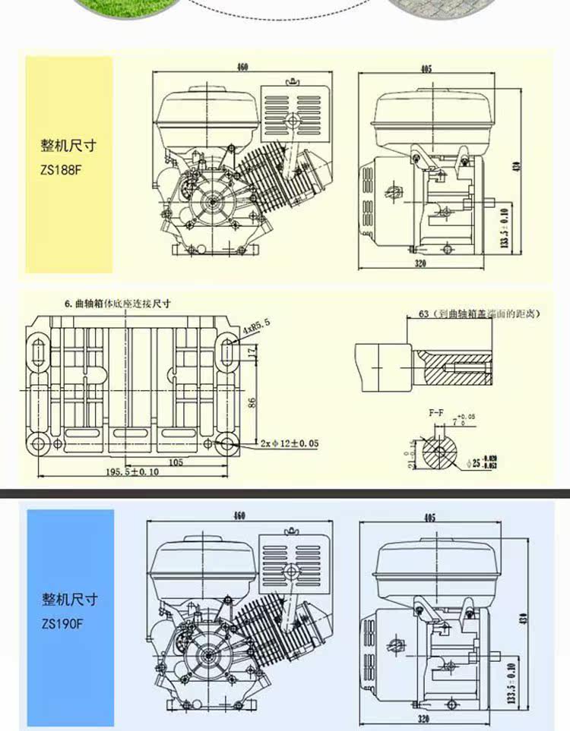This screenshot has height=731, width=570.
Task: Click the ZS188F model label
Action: click(61, 170)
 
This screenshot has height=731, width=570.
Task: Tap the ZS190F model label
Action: click(62, 626)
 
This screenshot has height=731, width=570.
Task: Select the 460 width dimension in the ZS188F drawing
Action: click(242, 67)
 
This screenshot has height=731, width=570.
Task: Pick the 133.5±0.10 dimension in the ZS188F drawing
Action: click(503, 226)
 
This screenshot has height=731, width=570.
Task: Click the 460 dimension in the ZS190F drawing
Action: click(239, 516)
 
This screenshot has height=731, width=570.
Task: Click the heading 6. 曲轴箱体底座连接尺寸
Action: click(117, 304)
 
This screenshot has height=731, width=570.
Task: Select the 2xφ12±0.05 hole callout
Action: click(289, 443)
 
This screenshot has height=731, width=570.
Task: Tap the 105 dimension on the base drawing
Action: click(176, 461)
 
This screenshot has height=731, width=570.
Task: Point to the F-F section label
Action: click(435, 412)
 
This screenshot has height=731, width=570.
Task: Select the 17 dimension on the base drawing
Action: click(252, 351)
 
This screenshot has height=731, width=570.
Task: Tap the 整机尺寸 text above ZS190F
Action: click(69, 600)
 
